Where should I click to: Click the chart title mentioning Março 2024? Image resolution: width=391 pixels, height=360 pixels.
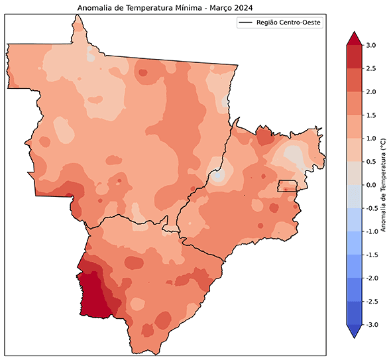pyautogui.click(x=166, y=7)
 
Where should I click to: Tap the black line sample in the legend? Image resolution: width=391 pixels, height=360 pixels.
pyautogui.click(x=247, y=23)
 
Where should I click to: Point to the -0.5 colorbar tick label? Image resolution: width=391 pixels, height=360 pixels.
pyautogui.click(x=372, y=208)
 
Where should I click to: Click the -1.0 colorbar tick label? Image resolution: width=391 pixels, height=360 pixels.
pyautogui.click(x=372, y=231)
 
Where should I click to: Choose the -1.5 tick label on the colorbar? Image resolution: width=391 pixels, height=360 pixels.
pyautogui.click(x=372, y=255)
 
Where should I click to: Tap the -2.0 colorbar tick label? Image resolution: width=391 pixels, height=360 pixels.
pyautogui.click(x=372, y=278)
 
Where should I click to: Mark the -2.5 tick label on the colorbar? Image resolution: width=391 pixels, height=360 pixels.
pyautogui.click(x=372, y=301)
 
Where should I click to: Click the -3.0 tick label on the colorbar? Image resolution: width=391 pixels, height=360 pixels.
pyautogui.click(x=372, y=324)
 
